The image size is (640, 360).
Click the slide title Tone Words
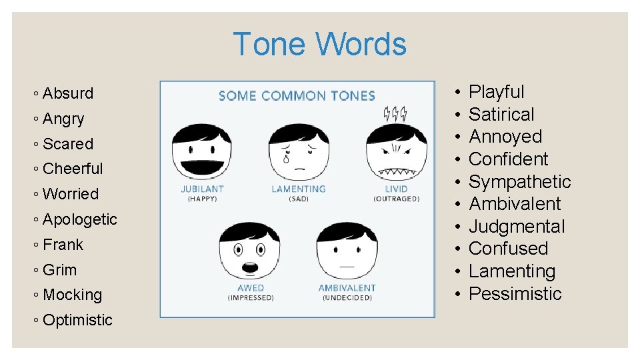pyautogui.click(x=319, y=45)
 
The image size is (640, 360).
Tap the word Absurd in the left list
pyautogui.click(x=67, y=93)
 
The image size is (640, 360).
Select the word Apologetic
pyautogui.click(x=79, y=219)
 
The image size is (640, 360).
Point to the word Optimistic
pyautogui.click(x=77, y=320)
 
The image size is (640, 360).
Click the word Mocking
pyautogui.click(x=72, y=295)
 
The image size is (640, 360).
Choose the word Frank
pyautogui.click(x=63, y=245)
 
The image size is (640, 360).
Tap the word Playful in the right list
pyautogui.click(x=497, y=92)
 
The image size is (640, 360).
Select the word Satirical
pyautogui.click(x=501, y=115)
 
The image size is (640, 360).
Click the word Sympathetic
pyautogui.click(x=520, y=181)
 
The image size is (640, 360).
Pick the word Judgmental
pyautogui.click(x=517, y=227)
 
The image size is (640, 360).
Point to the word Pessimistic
pyautogui.click(x=515, y=294)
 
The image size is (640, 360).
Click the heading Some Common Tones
pyautogui.click(x=297, y=96)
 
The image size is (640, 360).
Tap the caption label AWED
pyautogui.click(x=251, y=288)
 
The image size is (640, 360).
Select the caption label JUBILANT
pyautogui.click(x=202, y=189)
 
